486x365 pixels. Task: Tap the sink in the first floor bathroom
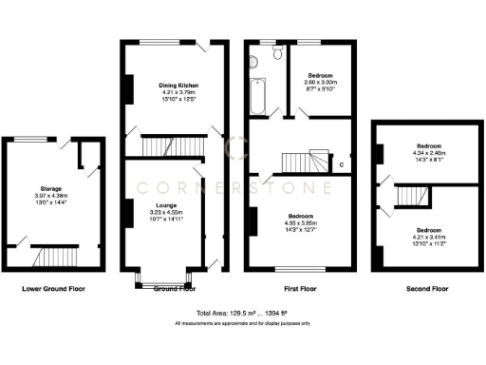click(254, 62)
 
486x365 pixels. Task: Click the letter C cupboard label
click(342, 164)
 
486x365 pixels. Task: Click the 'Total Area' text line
click(242, 313)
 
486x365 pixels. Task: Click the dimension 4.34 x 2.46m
click(428, 154)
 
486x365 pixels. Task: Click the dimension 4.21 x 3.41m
click(428, 236)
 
